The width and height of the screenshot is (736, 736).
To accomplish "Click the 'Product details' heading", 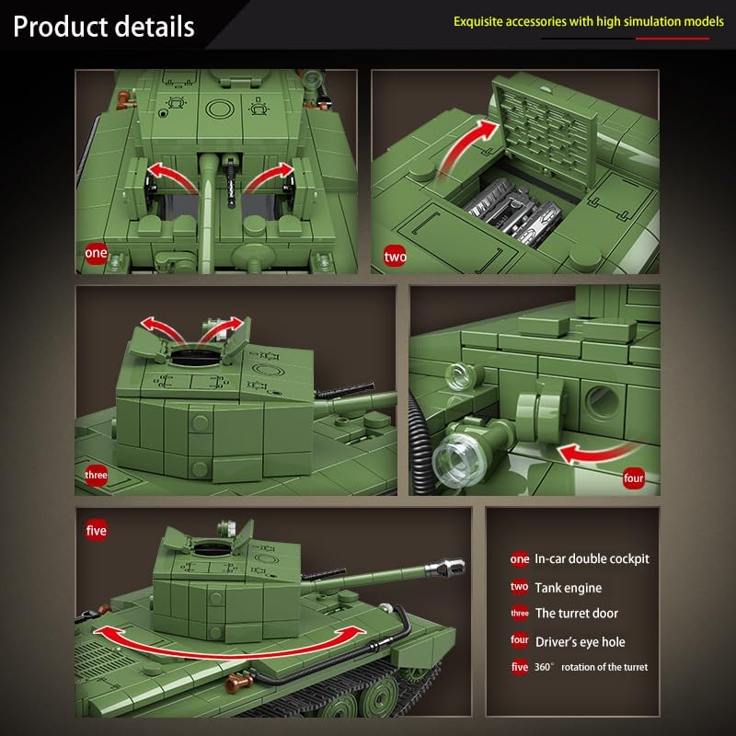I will pos(104,26).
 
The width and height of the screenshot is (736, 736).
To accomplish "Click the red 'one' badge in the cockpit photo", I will pos(96,252).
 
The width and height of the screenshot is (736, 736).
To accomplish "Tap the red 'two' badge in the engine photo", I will pos(394,256).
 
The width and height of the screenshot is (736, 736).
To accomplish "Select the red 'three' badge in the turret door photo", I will pos(96,476).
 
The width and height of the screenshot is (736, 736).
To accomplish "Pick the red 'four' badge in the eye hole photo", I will pos(633,477).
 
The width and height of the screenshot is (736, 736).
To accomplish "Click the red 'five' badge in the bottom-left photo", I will pos(96,531).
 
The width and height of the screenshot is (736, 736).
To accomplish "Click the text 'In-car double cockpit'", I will pos(592,558).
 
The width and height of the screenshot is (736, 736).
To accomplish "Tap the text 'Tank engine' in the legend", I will pos(568,587).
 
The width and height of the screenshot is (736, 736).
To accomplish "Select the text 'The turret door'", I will pos(576,613).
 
